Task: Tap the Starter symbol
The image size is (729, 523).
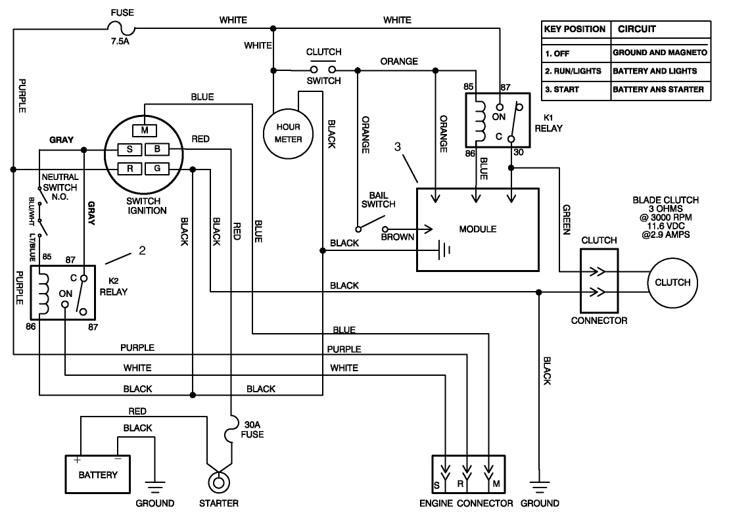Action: point(218,482)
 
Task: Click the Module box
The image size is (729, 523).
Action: point(478,229)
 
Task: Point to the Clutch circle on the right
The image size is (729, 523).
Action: point(672,283)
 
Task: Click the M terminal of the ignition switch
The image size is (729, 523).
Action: point(144,129)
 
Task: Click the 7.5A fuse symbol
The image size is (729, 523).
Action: point(122,28)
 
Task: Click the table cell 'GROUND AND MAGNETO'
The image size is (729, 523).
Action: point(660,52)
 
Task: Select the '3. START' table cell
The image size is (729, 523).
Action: point(575,89)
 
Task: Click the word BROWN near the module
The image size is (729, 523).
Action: point(397,236)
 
